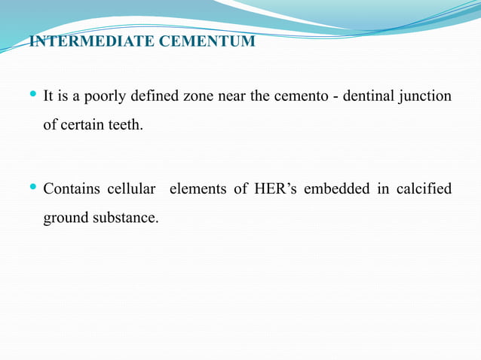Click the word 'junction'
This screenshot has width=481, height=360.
click(x=425, y=97)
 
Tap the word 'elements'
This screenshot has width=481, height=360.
click(x=198, y=189)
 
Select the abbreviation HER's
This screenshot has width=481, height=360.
click(x=276, y=189)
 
